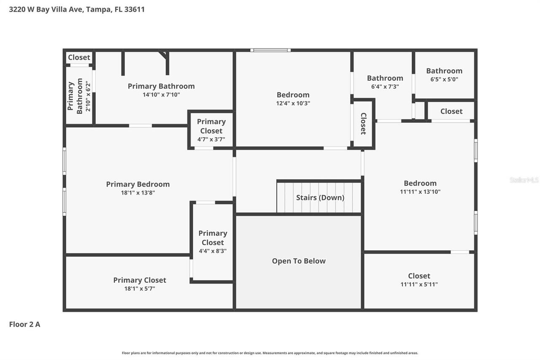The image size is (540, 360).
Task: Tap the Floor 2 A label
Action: pos(24,325)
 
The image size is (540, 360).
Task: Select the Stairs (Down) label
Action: pos(320,198)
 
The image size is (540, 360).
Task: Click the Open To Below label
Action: pos(298,261)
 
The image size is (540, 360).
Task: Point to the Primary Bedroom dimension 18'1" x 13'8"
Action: pos(138,193)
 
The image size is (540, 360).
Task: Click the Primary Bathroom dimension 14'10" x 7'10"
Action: pos(161,95)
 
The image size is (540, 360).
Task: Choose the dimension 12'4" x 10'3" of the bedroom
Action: pos(293,103)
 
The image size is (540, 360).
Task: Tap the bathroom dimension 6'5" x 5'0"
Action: pos(444,79)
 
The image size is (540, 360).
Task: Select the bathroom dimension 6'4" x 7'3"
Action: pos(385,87)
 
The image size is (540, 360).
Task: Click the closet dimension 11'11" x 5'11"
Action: pos(419,284)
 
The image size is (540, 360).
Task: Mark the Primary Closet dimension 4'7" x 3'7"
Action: pos(211,139)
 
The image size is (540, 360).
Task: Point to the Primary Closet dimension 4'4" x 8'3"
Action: pos(213,251)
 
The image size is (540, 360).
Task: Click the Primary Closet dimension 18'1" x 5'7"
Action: pos(139,289)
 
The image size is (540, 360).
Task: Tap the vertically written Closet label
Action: pos(363,124)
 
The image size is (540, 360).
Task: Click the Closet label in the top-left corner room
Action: pos(79,57)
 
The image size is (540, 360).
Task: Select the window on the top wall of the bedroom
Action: pos(270,50)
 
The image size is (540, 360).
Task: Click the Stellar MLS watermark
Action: pos(524,180)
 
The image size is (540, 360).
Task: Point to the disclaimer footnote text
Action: pos(270,353)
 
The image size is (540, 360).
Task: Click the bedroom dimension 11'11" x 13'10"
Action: pos(420,192)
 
